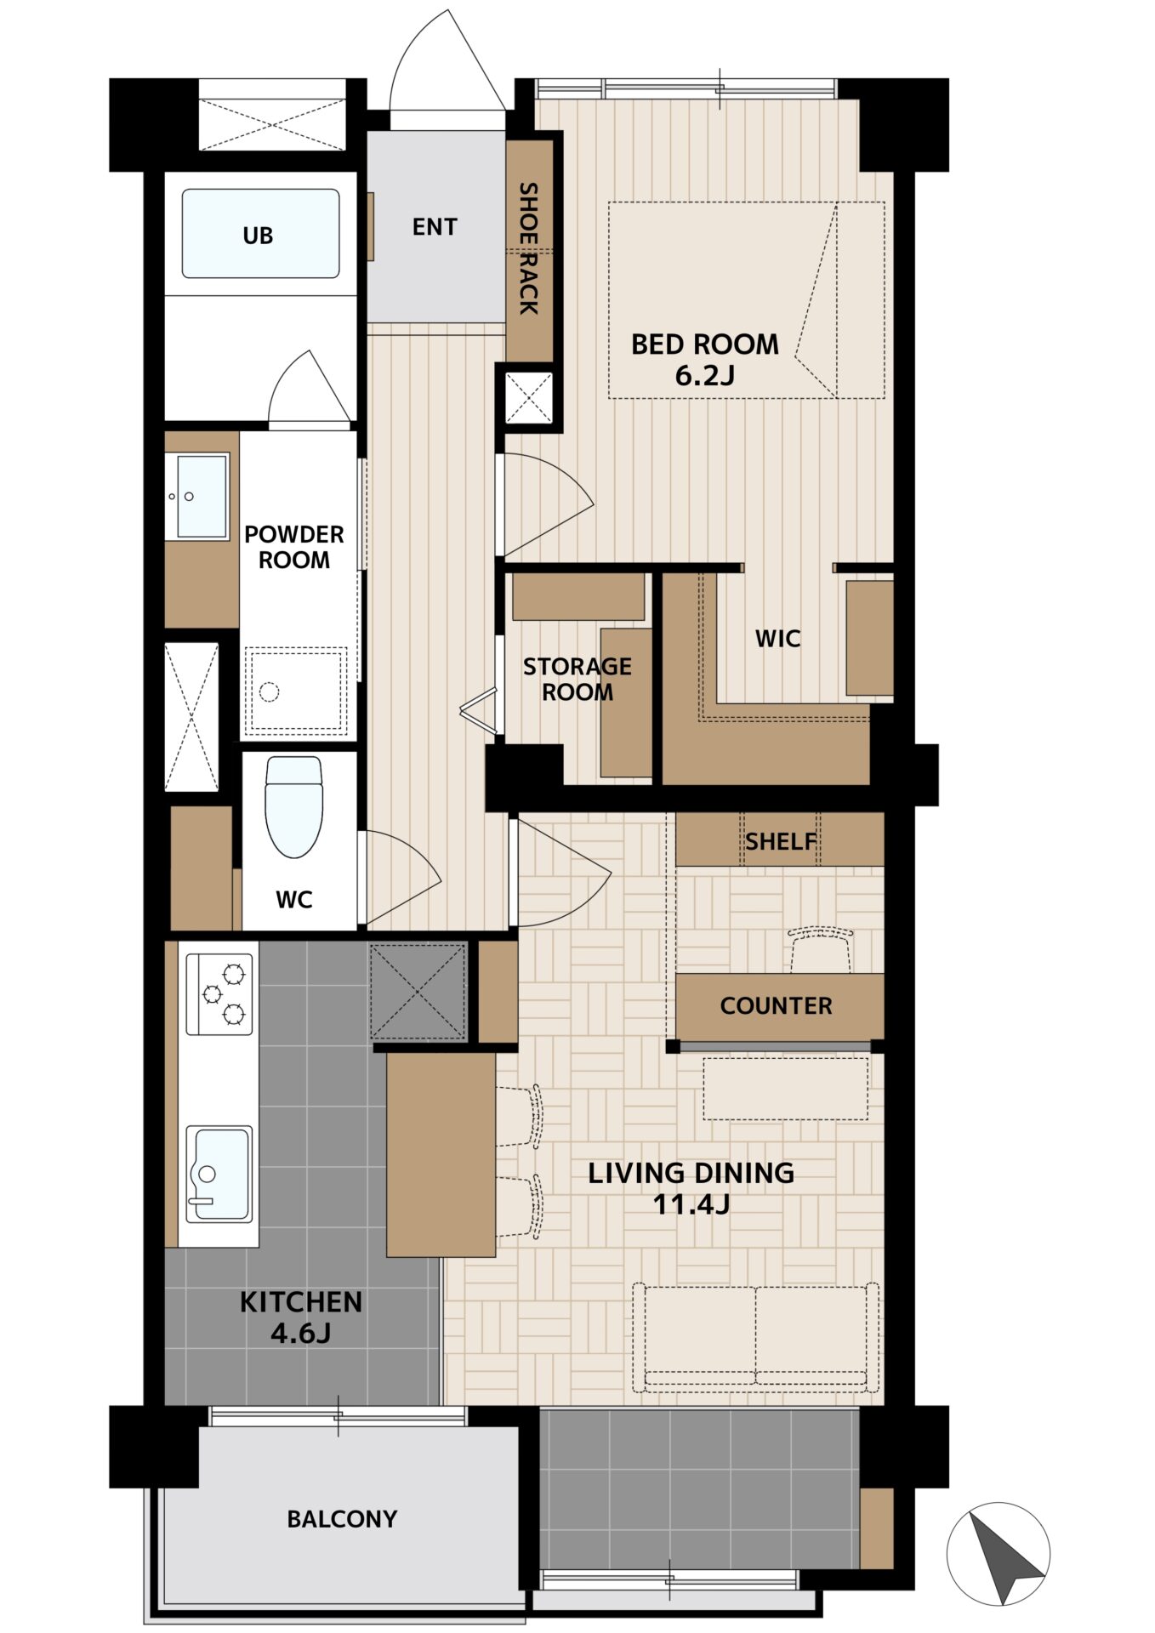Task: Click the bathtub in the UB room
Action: (x=260, y=234)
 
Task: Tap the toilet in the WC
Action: (x=294, y=806)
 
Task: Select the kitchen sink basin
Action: (x=219, y=1174)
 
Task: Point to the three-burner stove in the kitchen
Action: (x=219, y=993)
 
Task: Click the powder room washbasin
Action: (x=202, y=496)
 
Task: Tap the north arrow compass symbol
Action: (x=998, y=1554)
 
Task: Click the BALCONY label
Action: (x=342, y=1518)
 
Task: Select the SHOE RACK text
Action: (x=529, y=248)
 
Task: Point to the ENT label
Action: (x=435, y=226)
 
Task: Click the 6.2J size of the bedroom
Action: (x=704, y=375)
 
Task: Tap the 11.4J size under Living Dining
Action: (x=691, y=1204)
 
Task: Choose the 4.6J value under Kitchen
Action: (x=300, y=1333)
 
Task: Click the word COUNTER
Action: (x=776, y=1005)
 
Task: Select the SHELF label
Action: (x=781, y=841)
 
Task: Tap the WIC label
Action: (x=777, y=638)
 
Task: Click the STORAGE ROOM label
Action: (x=577, y=679)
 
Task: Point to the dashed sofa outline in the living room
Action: (x=756, y=1338)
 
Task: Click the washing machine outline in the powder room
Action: (x=295, y=691)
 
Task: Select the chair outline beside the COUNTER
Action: (x=821, y=951)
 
